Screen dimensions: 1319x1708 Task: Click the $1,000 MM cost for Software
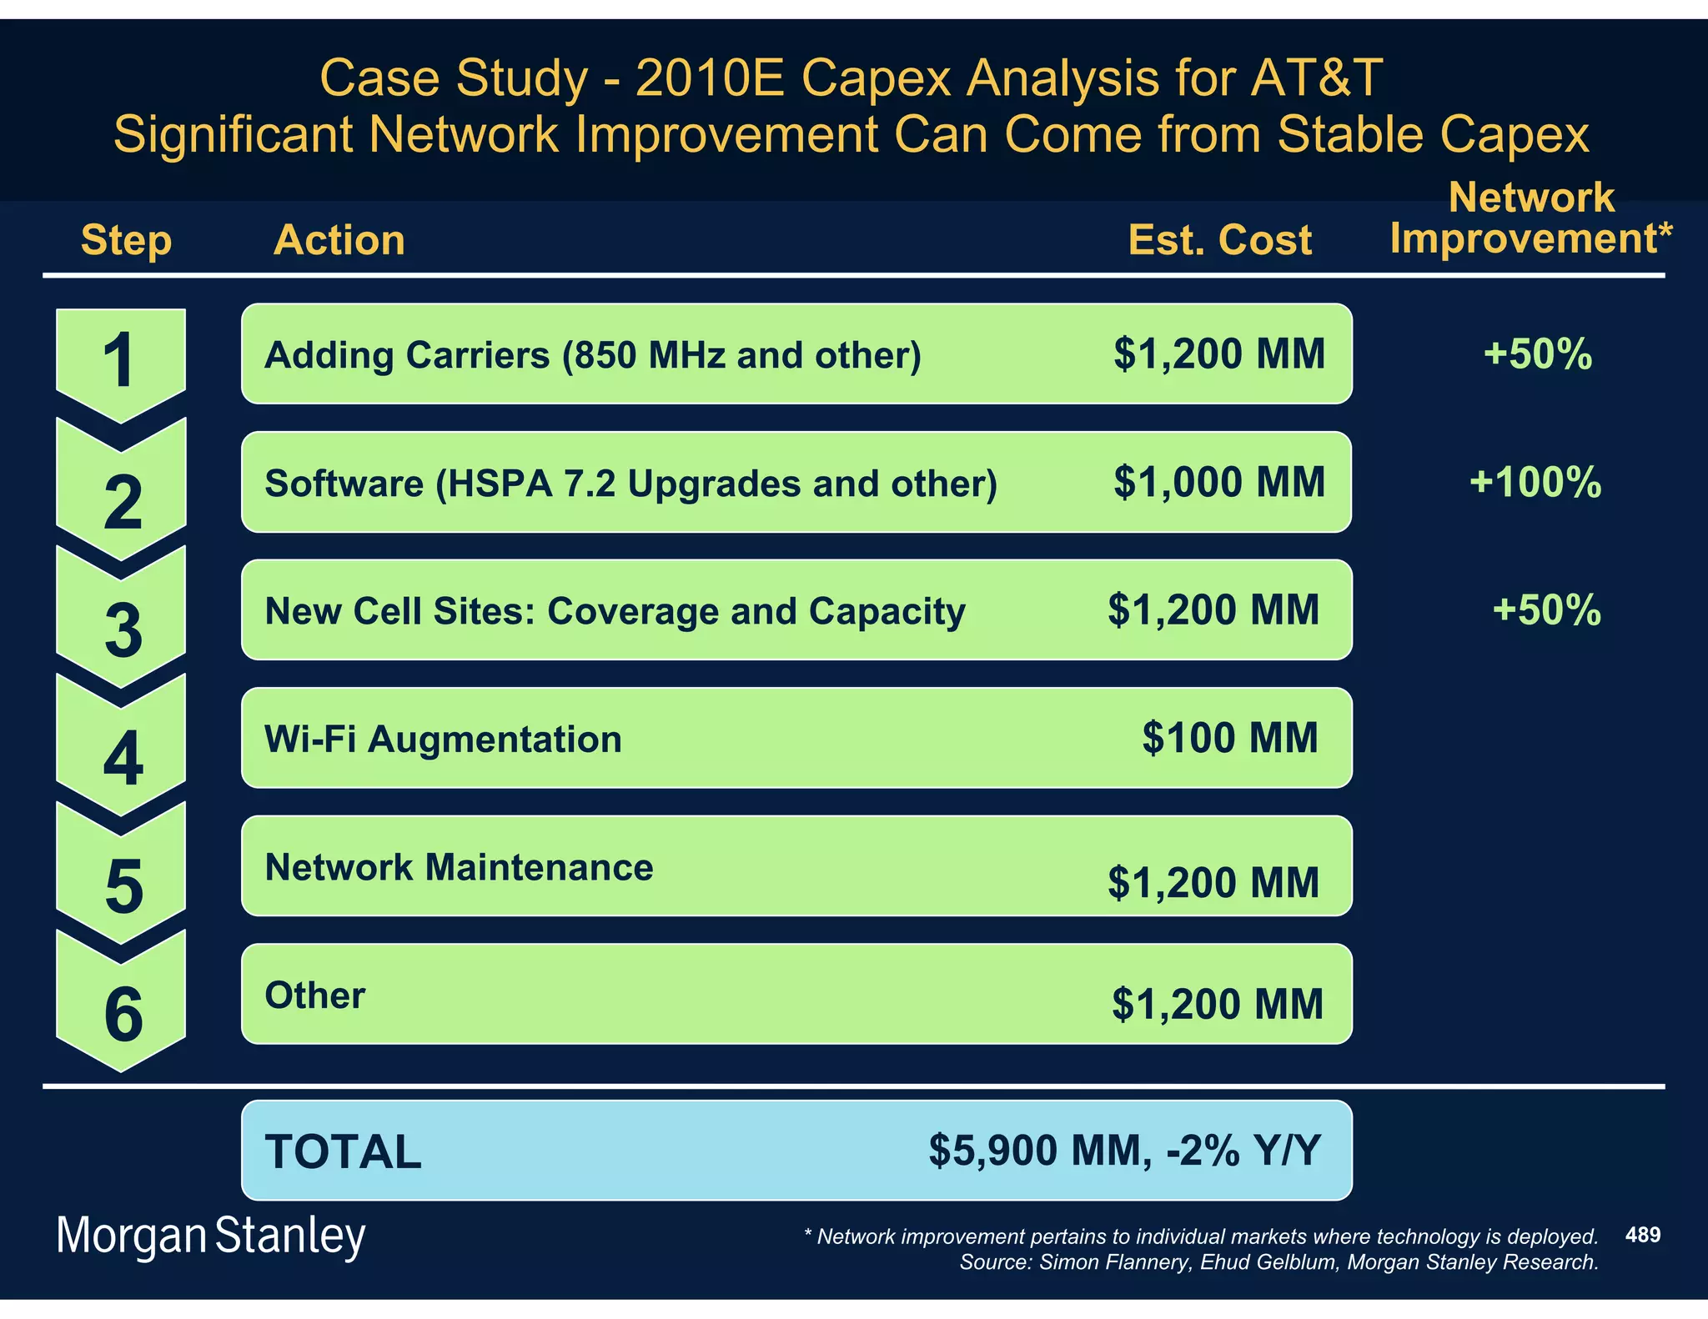point(1218,482)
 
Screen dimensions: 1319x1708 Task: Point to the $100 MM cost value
point(1230,738)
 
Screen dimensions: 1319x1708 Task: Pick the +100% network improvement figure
point(1535,482)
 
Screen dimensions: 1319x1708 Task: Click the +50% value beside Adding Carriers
point(1537,354)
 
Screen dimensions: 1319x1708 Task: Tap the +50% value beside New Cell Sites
point(1545,609)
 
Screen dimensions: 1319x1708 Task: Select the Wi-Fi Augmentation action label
point(443,740)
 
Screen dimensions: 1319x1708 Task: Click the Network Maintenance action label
point(459,867)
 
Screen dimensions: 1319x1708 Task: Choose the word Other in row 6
point(314,996)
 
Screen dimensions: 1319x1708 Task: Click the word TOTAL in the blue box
point(343,1151)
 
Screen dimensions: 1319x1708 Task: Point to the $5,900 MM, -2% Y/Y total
point(1124,1151)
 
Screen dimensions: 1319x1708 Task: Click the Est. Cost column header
point(1219,240)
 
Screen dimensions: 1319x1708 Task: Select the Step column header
point(126,240)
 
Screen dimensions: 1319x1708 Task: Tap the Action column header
point(339,240)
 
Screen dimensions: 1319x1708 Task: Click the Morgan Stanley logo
point(210,1236)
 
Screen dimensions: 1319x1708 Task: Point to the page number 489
point(1642,1235)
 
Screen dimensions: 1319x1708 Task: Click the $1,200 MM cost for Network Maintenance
point(1213,882)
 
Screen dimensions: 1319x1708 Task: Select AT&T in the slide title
point(1315,78)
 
